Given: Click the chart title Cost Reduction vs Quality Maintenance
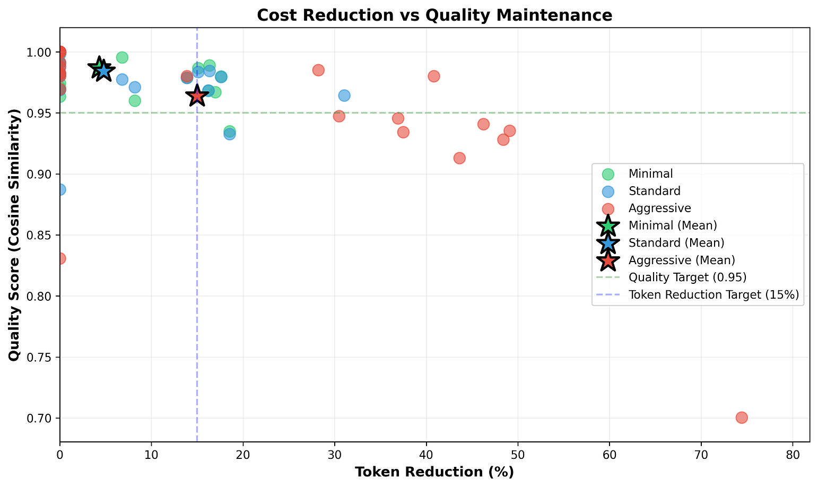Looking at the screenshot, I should (434, 15).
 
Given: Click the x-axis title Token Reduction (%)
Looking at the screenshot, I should (434, 472).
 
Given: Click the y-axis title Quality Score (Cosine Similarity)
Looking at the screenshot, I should (14, 234).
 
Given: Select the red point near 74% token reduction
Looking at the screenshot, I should (742, 418).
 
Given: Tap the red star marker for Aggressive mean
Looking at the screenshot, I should (197, 96).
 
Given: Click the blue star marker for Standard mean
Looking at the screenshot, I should (103, 71).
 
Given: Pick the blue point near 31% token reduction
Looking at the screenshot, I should (344, 95).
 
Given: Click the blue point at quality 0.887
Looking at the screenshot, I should (60, 189).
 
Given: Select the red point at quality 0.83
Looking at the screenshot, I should (60, 258).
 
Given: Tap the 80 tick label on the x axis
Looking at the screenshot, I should (793, 455).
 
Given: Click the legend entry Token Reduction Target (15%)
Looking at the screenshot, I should (713, 294).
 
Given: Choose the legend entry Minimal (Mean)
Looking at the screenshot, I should (673, 225).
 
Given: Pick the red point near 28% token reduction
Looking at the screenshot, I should (318, 70).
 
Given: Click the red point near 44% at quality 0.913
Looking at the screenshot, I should (459, 158).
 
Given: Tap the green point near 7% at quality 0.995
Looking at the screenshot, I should (122, 57).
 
